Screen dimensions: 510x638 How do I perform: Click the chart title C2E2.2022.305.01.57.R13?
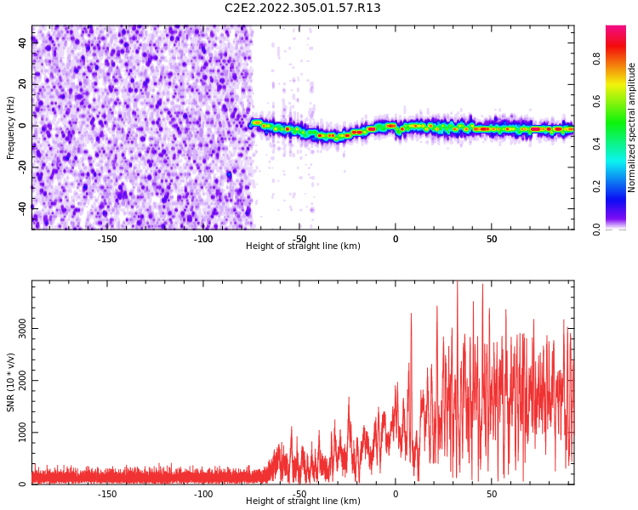[303, 8]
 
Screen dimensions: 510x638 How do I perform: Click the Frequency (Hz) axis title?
[11, 127]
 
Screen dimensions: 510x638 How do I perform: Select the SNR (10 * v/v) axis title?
[11, 382]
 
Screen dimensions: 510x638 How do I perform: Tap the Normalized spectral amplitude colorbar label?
[632, 127]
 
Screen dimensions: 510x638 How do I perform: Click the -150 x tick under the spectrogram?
[107, 239]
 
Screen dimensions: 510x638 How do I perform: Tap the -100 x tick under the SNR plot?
[203, 494]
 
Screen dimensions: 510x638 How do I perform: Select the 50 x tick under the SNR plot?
[492, 494]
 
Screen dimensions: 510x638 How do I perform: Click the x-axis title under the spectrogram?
[303, 246]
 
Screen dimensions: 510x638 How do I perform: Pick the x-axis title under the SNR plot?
[303, 501]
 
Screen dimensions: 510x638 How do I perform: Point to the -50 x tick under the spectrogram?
[299, 239]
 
